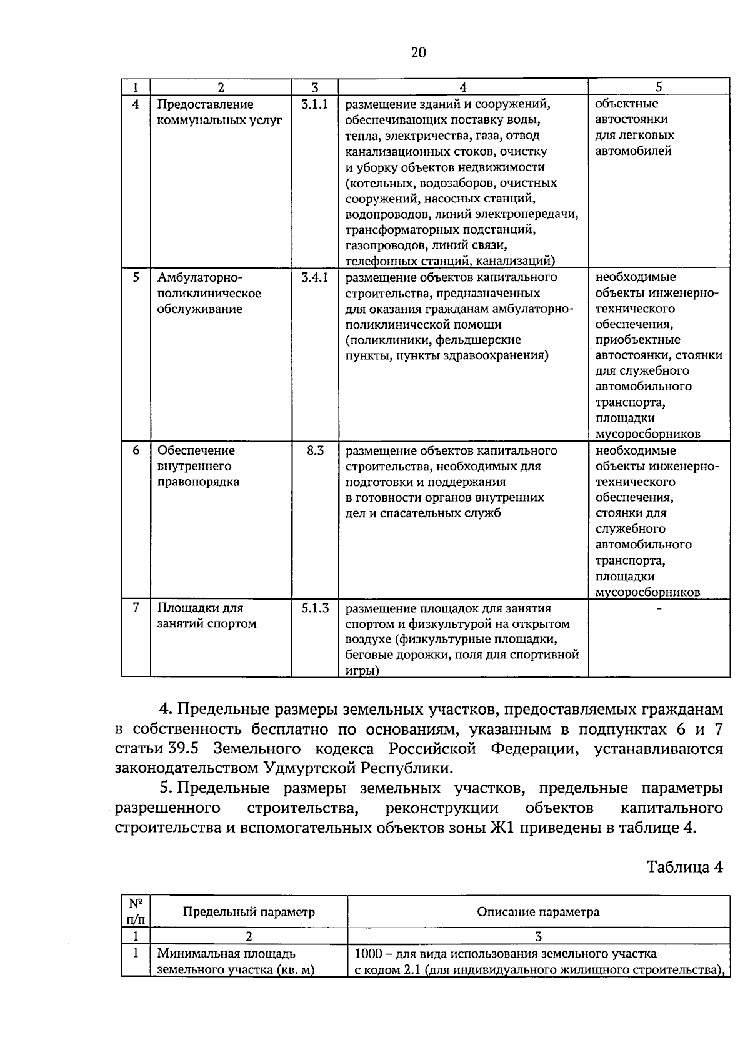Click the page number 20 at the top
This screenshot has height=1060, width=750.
tap(418, 52)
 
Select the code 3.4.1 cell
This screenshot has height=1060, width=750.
tap(314, 277)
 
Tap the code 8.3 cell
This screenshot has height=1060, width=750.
tap(315, 450)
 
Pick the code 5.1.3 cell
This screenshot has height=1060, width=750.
tap(315, 608)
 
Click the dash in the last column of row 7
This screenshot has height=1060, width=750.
tap(659, 608)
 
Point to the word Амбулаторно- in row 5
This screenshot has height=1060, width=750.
tap(199, 277)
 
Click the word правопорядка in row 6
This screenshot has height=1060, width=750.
tap(197, 482)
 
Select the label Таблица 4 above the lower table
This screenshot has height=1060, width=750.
tap(684, 868)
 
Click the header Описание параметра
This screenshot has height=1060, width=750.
tap(538, 912)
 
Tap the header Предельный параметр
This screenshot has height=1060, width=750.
tap(249, 912)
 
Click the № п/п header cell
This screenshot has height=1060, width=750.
tap(136, 911)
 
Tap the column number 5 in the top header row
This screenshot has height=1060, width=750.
tap(659, 87)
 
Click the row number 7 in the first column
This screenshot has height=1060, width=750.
tap(136, 608)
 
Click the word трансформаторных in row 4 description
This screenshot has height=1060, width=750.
tap(397, 230)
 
